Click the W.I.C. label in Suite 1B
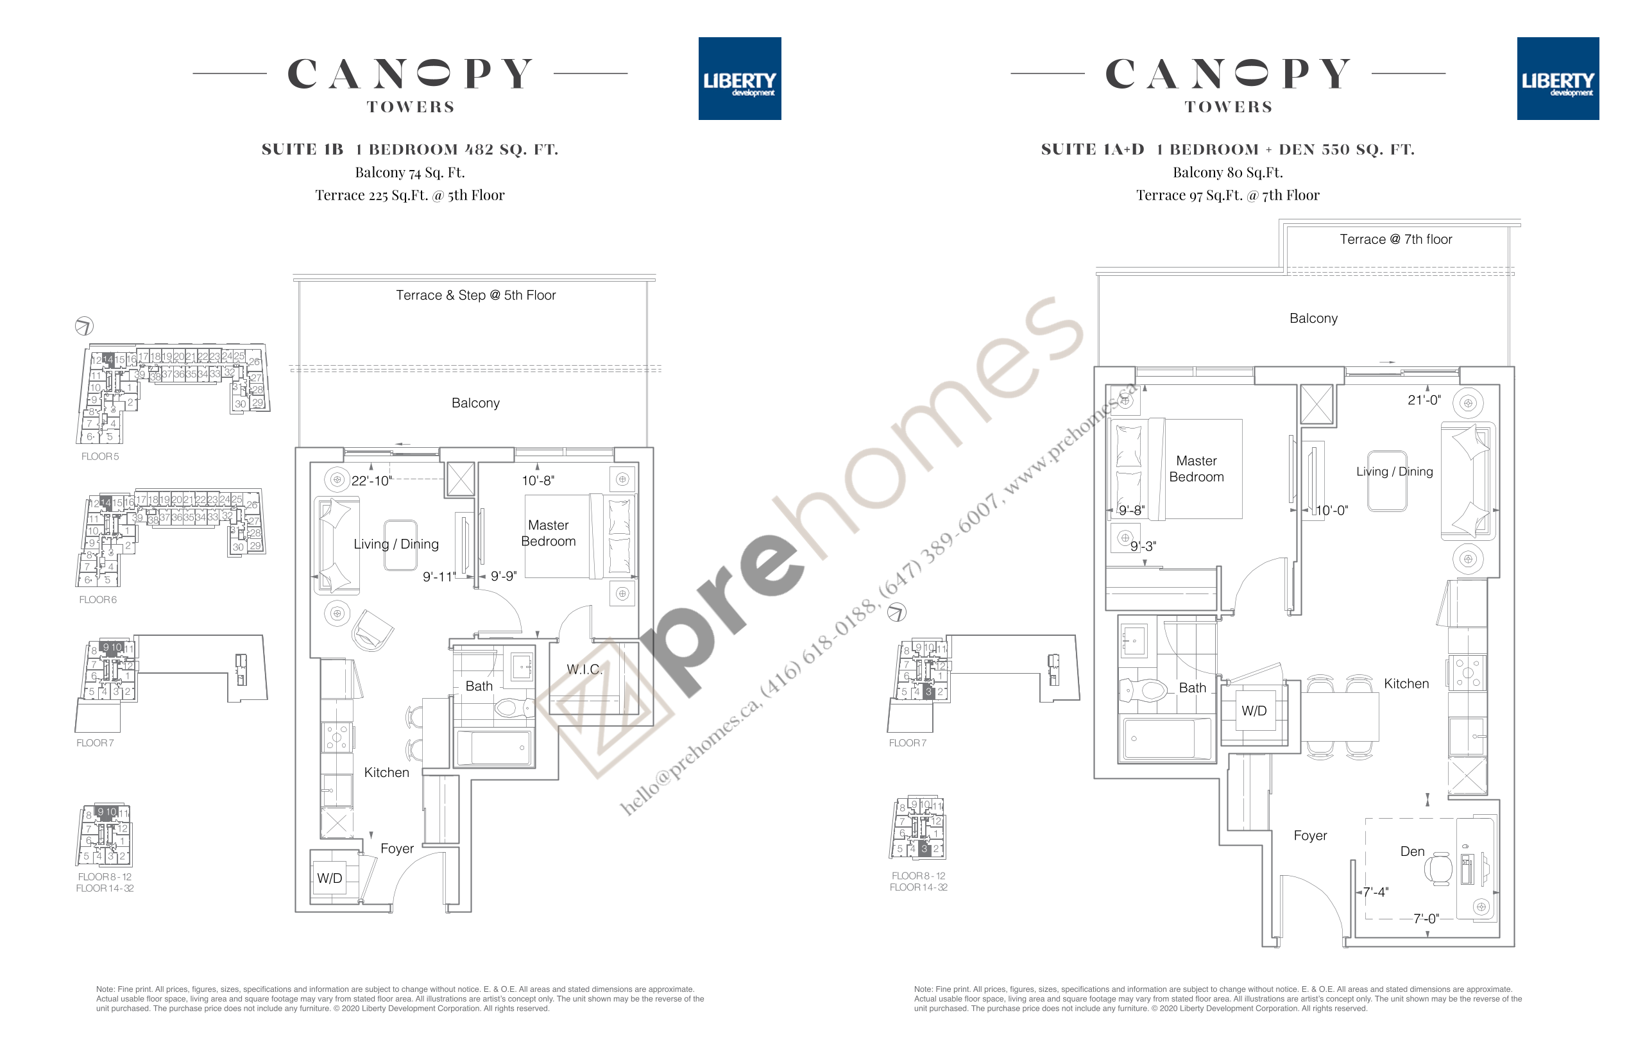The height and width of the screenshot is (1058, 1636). point(584,669)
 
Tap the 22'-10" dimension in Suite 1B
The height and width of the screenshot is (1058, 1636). point(371,481)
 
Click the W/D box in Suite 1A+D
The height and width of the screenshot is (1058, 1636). point(1254,711)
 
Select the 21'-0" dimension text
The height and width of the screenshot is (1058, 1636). point(1423,400)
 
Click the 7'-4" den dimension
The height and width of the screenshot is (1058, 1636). point(1375,892)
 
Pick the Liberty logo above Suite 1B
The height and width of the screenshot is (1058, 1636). point(739,79)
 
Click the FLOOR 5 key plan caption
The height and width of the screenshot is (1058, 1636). point(99,456)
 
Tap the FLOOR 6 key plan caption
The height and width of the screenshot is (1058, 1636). point(98,600)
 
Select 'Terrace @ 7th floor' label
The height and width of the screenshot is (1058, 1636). point(1395,239)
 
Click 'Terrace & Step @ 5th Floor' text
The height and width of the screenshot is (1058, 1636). point(475,295)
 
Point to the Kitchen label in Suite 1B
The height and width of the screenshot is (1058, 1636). point(386,772)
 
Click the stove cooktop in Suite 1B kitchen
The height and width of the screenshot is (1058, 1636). point(337,737)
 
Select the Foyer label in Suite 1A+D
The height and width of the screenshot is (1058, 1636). point(1309,835)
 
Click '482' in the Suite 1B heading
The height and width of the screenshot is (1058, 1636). point(479,149)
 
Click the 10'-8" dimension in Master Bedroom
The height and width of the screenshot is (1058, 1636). point(538,481)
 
